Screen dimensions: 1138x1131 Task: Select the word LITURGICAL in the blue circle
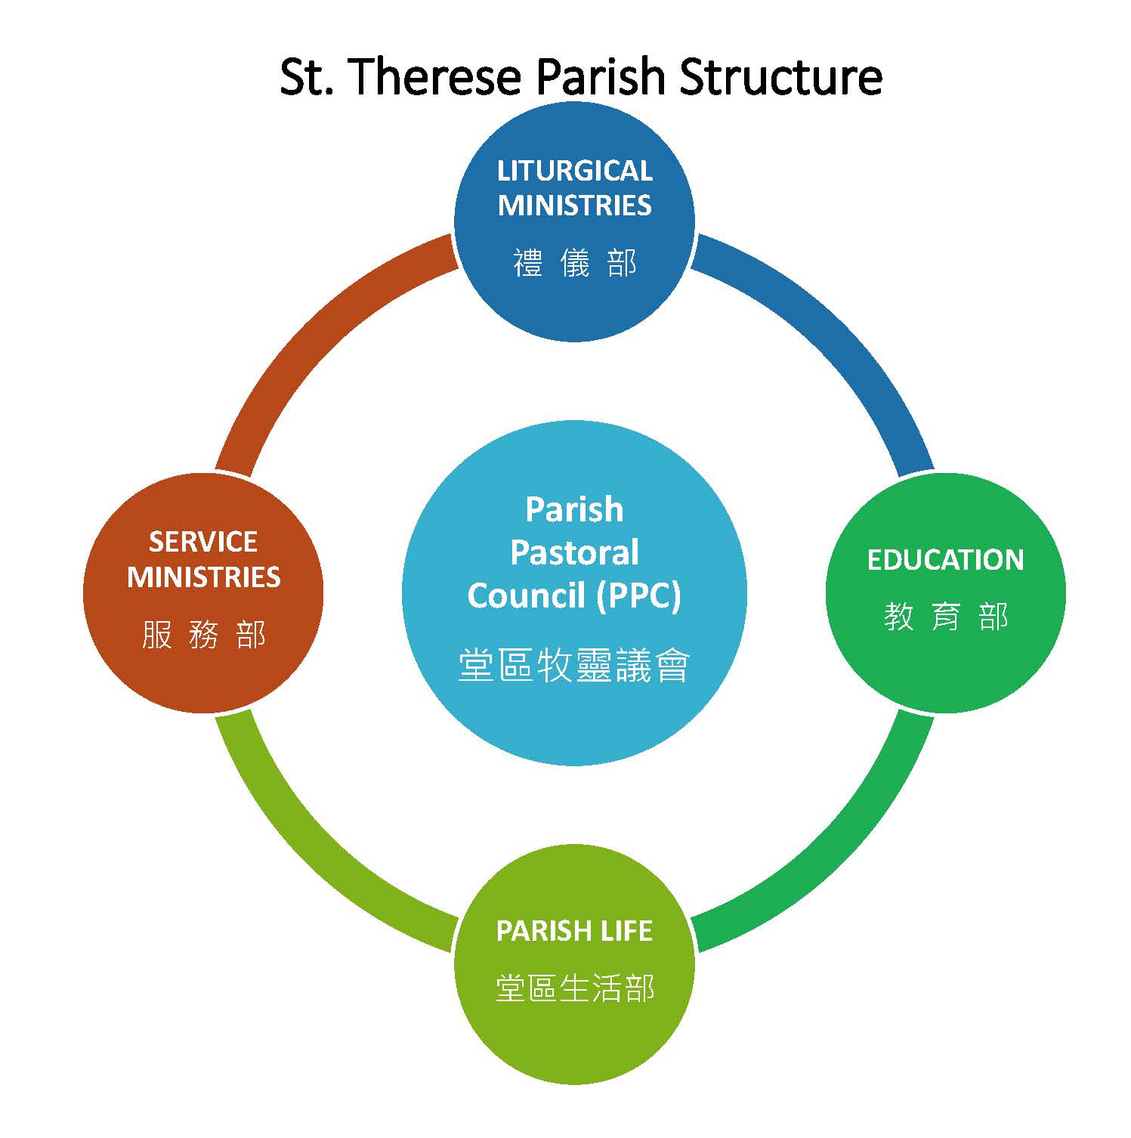pyautogui.click(x=574, y=171)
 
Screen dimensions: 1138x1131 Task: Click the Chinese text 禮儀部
pyautogui.click(x=574, y=263)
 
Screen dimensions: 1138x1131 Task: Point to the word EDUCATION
pyautogui.click(x=945, y=560)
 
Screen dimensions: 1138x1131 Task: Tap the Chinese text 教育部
pyautogui.click(x=945, y=617)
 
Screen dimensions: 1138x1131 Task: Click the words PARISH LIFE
pyautogui.click(x=574, y=931)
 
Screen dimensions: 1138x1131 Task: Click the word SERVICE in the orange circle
pyautogui.click(x=203, y=542)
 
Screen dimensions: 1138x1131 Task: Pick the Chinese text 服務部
pyautogui.click(x=203, y=635)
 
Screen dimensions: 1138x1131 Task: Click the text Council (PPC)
pyautogui.click(x=574, y=596)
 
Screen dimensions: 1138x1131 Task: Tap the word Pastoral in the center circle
pyautogui.click(x=574, y=552)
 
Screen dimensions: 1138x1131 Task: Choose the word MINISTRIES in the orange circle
pyautogui.click(x=203, y=577)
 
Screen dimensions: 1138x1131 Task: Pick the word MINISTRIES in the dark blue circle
pyautogui.click(x=574, y=206)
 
